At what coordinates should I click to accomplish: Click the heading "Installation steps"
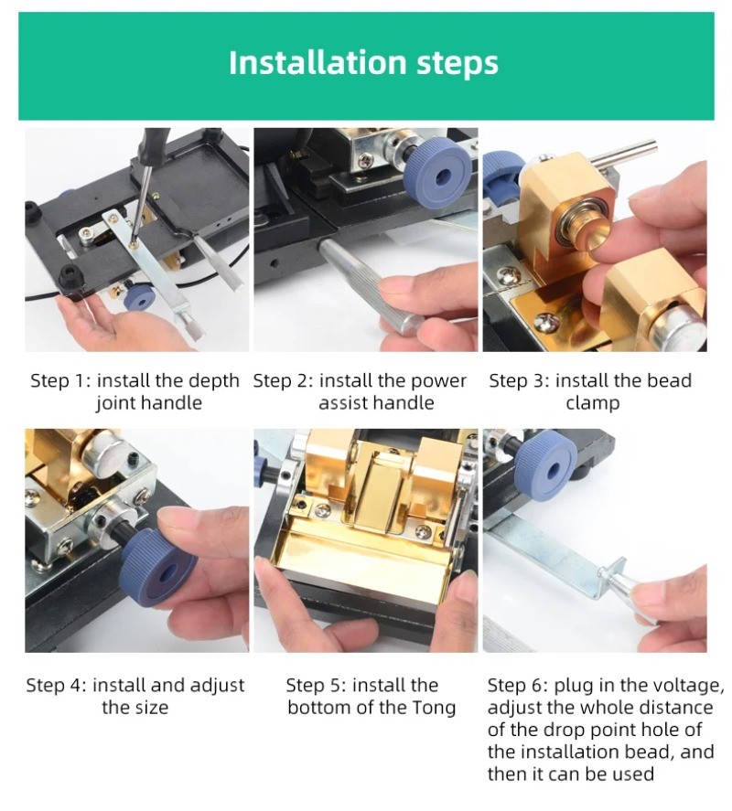point(363,62)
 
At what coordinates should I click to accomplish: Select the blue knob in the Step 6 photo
point(545,467)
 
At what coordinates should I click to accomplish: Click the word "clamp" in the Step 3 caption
point(592,403)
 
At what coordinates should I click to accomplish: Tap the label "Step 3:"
point(520,380)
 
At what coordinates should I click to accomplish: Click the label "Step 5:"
point(317,686)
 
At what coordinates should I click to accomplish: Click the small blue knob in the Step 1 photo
point(139,297)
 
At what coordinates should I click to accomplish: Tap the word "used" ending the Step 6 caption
point(633,774)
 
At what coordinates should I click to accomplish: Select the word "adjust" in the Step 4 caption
point(217,686)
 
